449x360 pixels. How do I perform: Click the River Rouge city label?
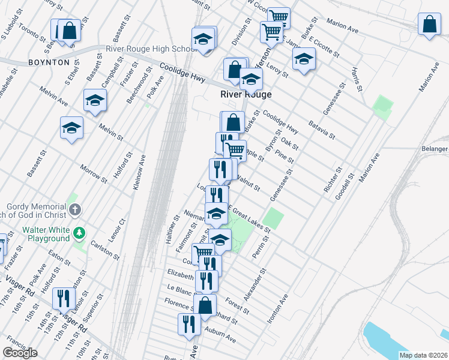(x=246, y=95)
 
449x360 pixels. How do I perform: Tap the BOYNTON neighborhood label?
(x=47, y=62)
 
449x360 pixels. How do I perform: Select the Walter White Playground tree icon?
(x=78, y=232)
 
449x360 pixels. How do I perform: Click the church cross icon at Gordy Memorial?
(x=74, y=210)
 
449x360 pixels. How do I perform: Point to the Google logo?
(x=20, y=353)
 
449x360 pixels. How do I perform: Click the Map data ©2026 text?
(x=423, y=355)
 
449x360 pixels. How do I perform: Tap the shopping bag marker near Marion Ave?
(x=429, y=25)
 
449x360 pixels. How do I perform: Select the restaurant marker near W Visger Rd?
(x=63, y=298)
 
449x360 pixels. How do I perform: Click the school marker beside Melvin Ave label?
(x=94, y=101)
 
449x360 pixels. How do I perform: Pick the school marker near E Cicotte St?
(x=304, y=59)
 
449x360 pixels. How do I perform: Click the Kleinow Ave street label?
(x=139, y=173)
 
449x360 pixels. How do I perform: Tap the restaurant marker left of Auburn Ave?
(x=190, y=324)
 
